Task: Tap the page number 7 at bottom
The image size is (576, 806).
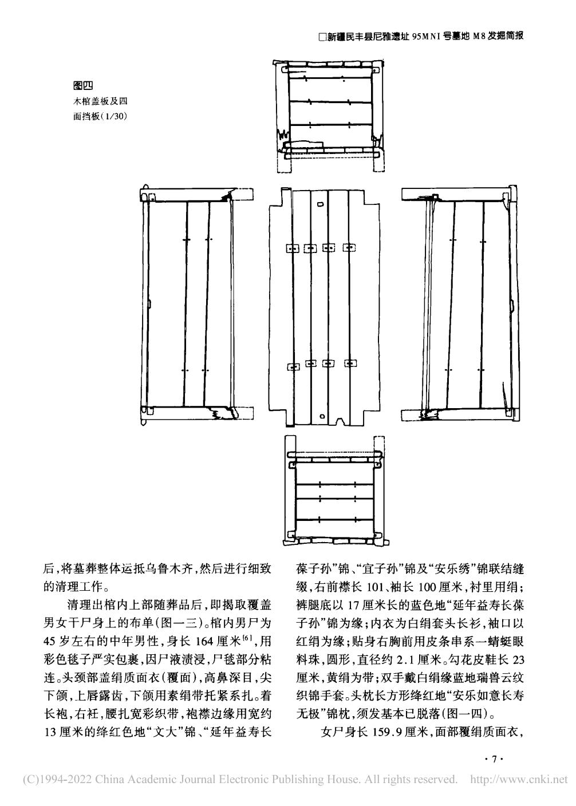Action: [x=492, y=759]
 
